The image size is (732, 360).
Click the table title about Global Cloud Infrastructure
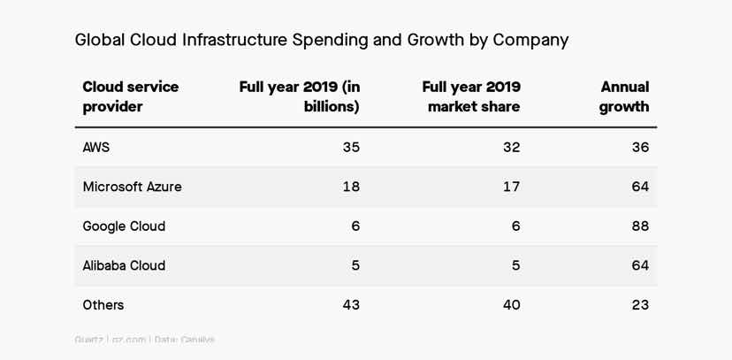pos(321,40)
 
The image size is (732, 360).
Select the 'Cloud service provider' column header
pos(130,96)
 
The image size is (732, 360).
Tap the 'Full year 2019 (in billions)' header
pos(299,96)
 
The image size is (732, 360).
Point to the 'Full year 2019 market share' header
pos(470,96)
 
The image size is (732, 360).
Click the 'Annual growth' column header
pos(624,96)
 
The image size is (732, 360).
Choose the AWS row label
pos(96,148)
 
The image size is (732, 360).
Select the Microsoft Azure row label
pos(132,187)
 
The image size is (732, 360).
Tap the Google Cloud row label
pos(124,226)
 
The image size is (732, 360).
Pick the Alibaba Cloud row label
pos(124,265)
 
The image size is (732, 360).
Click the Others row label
pos(103,305)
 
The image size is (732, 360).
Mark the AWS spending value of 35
pos(351,148)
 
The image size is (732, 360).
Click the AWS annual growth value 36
pos(640,148)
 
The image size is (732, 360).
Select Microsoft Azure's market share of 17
pos(511,187)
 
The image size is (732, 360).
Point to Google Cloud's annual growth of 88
pos(640,226)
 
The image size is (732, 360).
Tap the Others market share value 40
pos(511,305)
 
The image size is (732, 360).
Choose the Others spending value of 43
pos(351,305)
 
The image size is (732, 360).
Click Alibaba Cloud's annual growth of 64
pos(640,265)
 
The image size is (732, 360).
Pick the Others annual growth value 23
pos(640,305)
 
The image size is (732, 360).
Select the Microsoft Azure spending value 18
pos(351,187)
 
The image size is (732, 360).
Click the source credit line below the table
pos(144,340)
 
